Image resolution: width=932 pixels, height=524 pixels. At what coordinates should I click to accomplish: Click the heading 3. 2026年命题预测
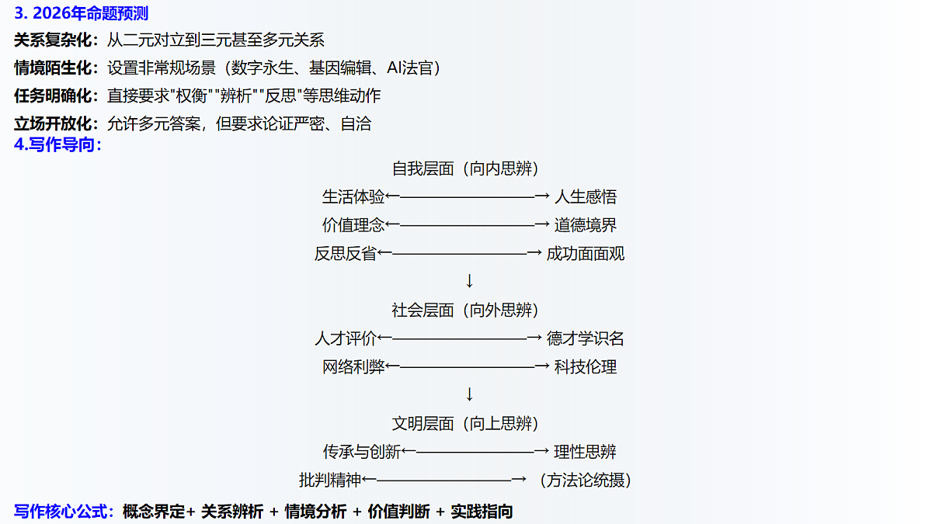click(81, 13)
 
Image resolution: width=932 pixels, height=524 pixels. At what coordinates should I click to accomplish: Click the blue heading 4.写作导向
click(57, 144)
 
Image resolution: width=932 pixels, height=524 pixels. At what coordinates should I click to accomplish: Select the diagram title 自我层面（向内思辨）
click(465, 169)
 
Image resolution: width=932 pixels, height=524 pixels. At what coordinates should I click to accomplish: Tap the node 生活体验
click(353, 197)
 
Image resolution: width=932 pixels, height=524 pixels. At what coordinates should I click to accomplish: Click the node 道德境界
click(586, 225)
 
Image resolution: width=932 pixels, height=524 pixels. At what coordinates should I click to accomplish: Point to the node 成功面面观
click(586, 254)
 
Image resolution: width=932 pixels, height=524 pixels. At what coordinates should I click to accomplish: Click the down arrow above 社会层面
click(469, 281)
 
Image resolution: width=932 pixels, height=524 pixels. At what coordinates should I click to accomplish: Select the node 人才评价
click(346, 338)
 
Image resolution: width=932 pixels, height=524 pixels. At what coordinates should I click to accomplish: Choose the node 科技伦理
click(586, 366)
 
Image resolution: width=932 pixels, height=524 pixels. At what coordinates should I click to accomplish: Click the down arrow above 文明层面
click(469, 394)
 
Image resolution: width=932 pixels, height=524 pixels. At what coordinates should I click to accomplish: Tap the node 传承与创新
click(362, 452)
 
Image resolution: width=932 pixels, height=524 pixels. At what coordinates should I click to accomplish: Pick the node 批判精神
click(330, 481)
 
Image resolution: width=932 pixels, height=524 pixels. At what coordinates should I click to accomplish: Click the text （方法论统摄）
click(586, 481)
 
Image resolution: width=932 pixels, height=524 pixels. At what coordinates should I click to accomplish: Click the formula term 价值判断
click(398, 512)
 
